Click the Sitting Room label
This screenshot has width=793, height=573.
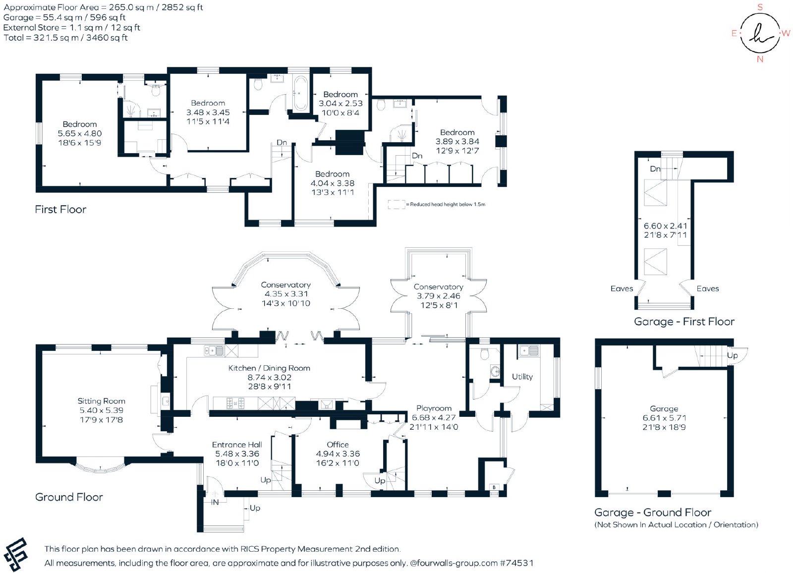[101, 401]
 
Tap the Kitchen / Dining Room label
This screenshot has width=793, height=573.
[269, 368]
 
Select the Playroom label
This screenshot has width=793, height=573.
[434, 408]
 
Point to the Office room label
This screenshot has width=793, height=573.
[338, 445]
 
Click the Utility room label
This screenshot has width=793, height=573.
[522, 376]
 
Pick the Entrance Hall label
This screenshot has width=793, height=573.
[237, 445]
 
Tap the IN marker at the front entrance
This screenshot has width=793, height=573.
[215, 502]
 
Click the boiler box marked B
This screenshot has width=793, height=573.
[494, 487]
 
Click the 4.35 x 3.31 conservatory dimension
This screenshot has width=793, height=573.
[286, 293]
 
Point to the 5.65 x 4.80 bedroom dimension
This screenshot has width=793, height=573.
[80, 133]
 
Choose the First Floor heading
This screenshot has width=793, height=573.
[60, 209]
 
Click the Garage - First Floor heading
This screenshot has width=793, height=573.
[684, 322]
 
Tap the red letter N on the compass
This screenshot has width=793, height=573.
[760, 59]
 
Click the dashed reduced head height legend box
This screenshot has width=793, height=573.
[396, 204]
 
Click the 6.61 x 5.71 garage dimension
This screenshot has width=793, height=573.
[664, 418]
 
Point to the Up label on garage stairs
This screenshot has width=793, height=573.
[732, 355]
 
